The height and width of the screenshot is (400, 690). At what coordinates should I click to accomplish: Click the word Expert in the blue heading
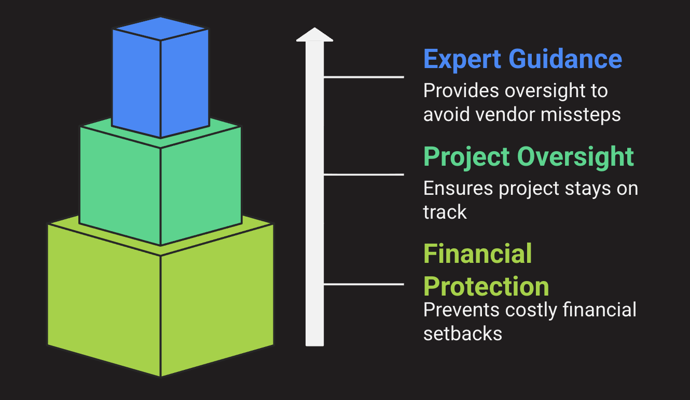[462, 60]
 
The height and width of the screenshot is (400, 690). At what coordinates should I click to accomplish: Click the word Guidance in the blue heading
[565, 59]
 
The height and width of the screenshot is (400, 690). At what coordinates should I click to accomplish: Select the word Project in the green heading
[467, 158]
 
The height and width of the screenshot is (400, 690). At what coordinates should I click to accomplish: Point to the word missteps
[581, 115]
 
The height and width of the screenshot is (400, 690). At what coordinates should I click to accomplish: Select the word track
[445, 211]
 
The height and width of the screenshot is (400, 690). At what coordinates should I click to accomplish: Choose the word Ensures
[458, 188]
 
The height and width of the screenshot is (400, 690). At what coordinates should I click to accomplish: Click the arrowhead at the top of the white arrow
[314, 34]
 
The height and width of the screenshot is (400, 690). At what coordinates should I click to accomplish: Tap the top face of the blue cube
[160, 29]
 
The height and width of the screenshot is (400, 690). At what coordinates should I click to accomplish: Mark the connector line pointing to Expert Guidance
[364, 77]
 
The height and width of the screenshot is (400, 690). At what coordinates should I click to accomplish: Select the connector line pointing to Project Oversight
[364, 175]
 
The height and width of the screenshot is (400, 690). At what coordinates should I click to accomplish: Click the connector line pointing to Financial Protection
[364, 284]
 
